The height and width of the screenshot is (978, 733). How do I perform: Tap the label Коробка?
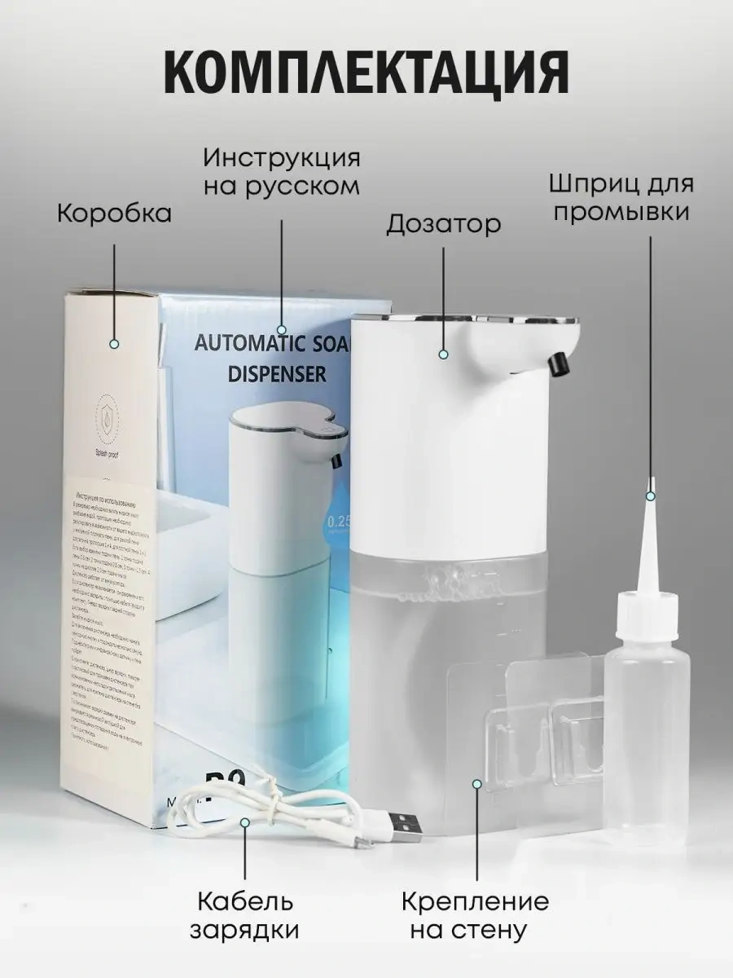(114, 214)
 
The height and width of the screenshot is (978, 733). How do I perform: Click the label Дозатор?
(443, 224)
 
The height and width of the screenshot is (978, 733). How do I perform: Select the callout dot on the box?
(114, 345)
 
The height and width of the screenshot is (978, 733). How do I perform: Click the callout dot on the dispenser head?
(444, 354)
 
